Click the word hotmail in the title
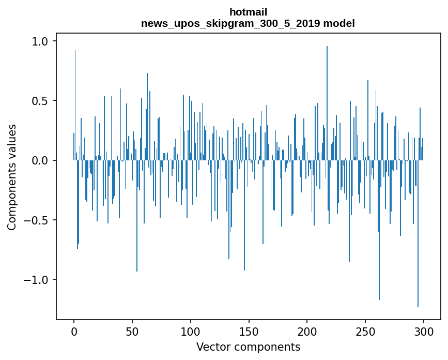point(248,12)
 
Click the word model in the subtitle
point(337,23)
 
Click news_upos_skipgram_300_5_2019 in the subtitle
point(230,23)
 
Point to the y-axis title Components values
point(12,177)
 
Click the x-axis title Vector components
point(248,347)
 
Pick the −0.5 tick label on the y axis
point(40,220)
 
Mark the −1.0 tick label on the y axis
point(40,280)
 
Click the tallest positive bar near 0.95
point(327,103)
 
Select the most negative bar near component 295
point(418,233)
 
